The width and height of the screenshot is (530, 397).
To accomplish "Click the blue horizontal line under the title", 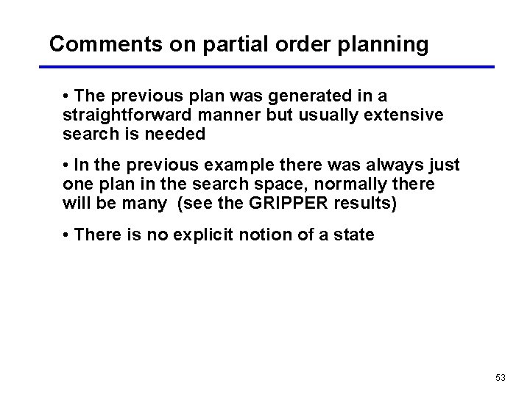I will (266, 67).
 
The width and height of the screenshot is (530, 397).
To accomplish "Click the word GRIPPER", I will (289, 204).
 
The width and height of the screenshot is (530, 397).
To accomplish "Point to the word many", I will (145, 204).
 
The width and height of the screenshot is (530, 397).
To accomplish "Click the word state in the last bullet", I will (354, 235).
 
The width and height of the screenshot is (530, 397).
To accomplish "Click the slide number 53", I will (501, 378).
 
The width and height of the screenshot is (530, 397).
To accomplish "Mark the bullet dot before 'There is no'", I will (66, 235).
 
